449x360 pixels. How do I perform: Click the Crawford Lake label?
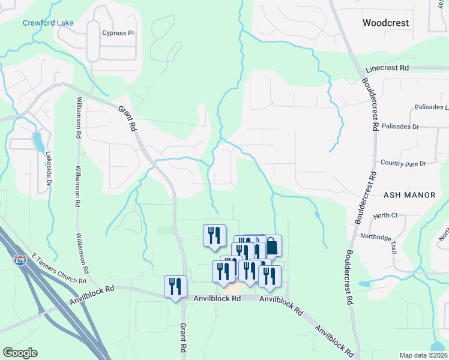pyautogui.click(x=48, y=23)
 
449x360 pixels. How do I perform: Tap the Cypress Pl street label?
pyautogui.click(x=118, y=33)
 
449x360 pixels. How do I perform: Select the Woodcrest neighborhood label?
pyautogui.click(x=385, y=23)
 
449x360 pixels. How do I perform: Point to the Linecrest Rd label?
pyautogui.click(x=387, y=68)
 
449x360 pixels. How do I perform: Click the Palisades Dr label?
pyautogui.click(x=415, y=127)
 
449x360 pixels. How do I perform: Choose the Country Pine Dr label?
pyautogui.click(x=403, y=163)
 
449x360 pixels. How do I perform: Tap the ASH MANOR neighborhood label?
pyautogui.click(x=405, y=195)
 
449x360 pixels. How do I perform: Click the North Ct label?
pyautogui.click(x=385, y=215)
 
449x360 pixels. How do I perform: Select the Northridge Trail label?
pyautogui.click(x=379, y=236)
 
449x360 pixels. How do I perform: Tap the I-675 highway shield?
pyautogui.click(x=20, y=261)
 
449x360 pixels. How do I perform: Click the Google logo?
pyautogui.click(x=20, y=353)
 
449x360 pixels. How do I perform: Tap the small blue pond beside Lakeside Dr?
pyautogui.click(x=38, y=142)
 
